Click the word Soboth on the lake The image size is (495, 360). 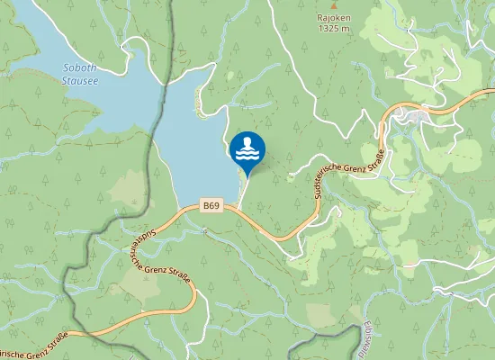click(x=81, y=68)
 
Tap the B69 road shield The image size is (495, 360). click(x=211, y=206)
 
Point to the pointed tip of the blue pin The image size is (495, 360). click(x=247, y=176)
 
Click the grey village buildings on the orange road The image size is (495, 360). click(x=416, y=114)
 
